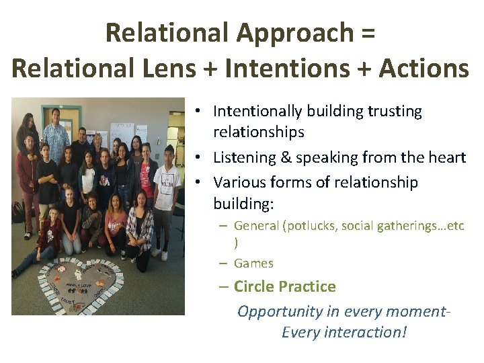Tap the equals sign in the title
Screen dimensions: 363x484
pyautogui.click(x=368, y=32)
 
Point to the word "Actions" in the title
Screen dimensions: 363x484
pyautogui.click(x=424, y=68)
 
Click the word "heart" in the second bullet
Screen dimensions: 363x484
pyautogui.click(x=446, y=157)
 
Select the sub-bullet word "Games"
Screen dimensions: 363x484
pyautogui.click(x=253, y=263)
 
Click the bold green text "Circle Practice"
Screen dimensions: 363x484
pyautogui.click(x=284, y=286)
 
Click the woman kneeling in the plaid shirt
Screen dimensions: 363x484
pyautogui.click(x=139, y=225)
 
